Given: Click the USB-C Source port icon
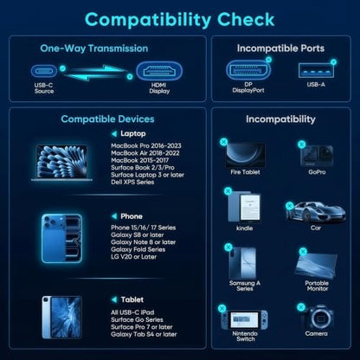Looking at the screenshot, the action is click(44, 71).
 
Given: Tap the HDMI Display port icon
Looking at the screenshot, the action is click(159, 71).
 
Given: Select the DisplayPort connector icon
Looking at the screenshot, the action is click(248, 70).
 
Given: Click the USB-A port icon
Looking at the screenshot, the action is click(316, 70).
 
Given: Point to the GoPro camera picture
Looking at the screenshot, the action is click(317, 156).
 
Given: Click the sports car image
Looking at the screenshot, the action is click(316, 213).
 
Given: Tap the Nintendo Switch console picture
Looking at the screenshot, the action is click(245, 319).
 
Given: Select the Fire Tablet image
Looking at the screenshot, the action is click(245, 155).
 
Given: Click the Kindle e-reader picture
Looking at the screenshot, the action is click(245, 207).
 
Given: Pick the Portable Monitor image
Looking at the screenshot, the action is click(316, 266).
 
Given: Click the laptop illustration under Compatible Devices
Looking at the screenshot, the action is click(61, 163).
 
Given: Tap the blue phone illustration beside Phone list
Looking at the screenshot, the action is click(61, 238).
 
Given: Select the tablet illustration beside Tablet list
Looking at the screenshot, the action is click(61, 318).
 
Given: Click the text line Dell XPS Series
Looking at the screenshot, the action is click(132, 182).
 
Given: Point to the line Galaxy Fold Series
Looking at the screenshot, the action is click(138, 249).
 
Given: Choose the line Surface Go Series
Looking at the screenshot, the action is click(137, 319).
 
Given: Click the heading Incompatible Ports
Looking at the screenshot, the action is click(280, 48).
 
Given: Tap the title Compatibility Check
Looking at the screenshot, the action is click(180, 20).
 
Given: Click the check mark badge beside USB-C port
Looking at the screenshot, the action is click(62, 68).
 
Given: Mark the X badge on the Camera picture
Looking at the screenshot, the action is click(301, 307).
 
